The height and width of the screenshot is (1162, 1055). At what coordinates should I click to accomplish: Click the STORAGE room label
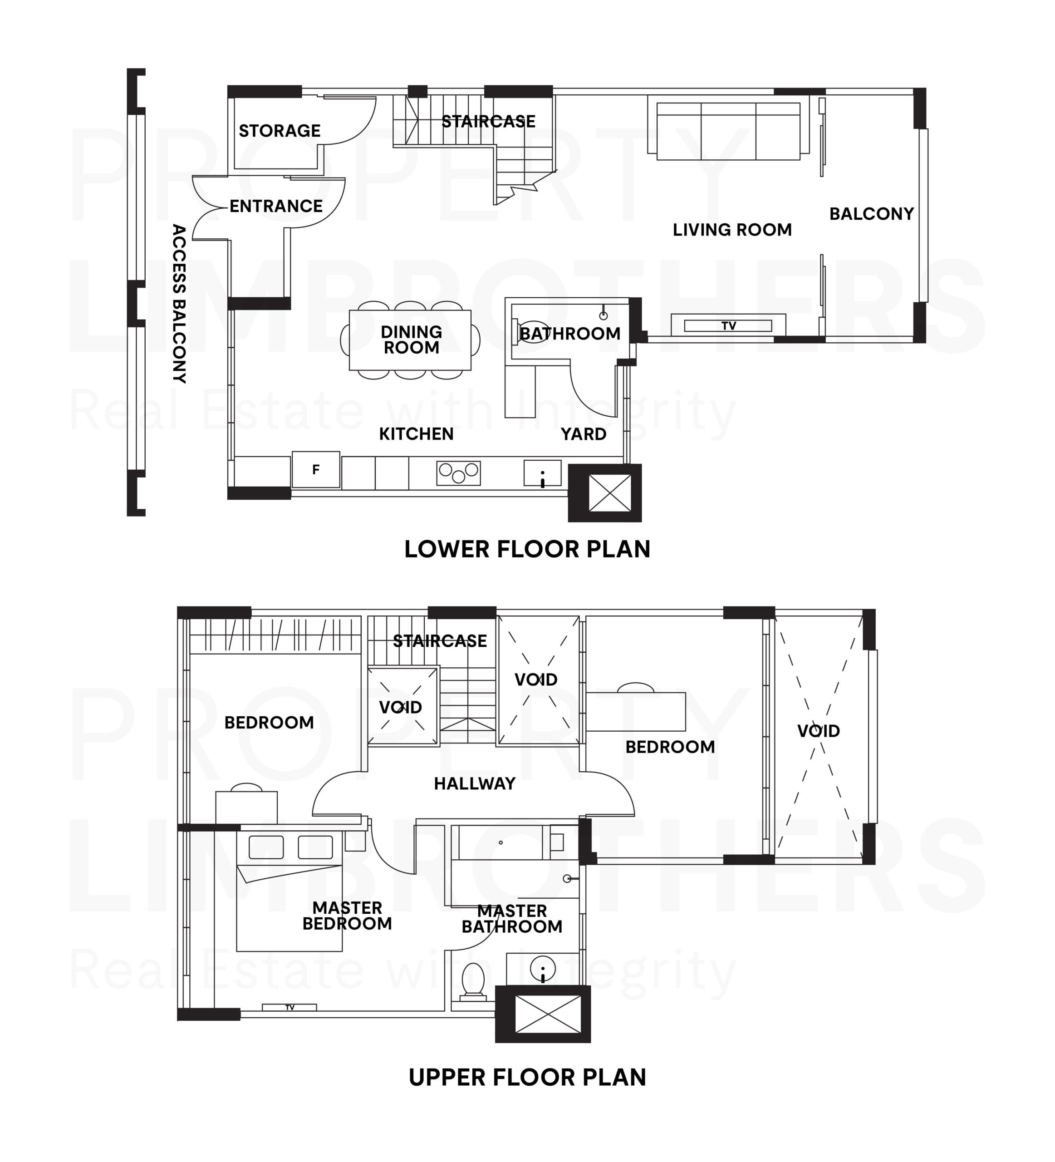[280, 131]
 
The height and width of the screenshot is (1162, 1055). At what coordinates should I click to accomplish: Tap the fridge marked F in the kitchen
[315, 470]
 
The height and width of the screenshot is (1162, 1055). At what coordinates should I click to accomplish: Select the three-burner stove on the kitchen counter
[458, 473]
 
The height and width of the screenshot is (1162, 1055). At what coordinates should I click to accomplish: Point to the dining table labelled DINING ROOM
[410, 340]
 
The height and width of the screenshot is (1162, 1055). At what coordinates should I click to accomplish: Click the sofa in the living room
[728, 131]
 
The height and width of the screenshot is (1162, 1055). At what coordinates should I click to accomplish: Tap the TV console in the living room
[728, 325]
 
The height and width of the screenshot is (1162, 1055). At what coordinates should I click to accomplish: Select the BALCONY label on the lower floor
[871, 214]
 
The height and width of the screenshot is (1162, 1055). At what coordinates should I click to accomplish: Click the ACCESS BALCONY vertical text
[179, 304]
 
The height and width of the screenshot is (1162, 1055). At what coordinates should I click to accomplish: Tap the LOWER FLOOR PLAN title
[527, 549]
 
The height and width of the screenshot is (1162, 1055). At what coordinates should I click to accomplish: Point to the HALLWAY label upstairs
[474, 783]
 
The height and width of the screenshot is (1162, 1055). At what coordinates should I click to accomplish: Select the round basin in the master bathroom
[542, 968]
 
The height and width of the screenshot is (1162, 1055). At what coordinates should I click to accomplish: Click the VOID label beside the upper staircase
[401, 707]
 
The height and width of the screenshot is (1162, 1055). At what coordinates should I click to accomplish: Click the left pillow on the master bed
[265, 847]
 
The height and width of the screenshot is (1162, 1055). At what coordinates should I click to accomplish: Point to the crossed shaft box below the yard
[604, 493]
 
